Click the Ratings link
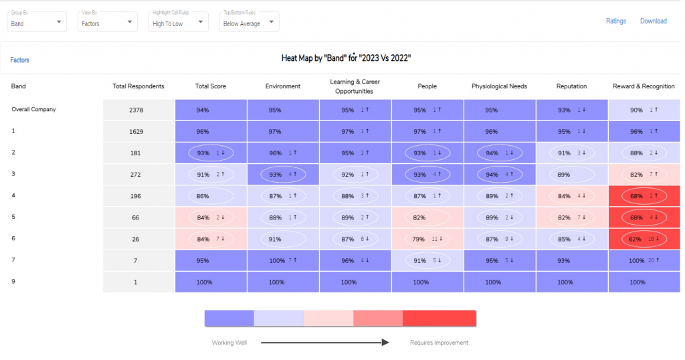(x=615, y=21)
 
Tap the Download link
(x=653, y=21)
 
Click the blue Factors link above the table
(x=20, y=60)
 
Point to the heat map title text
(x=346, y=58)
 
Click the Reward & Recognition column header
(x=644, y=86)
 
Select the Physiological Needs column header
(x=499, y=86)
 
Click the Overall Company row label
(x=33, y=109)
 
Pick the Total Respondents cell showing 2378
(x=138, y=110)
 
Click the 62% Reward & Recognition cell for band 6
(x=644, y=239)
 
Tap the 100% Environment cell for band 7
(x=283, y=260)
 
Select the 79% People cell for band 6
(x=427, y=239)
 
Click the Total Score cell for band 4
(x=210, y=196)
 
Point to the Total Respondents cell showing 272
(x=138, y=175)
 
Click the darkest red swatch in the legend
(x=439, y=319)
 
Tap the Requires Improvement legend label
(x=439, y=343)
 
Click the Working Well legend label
(x=229, y=343)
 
